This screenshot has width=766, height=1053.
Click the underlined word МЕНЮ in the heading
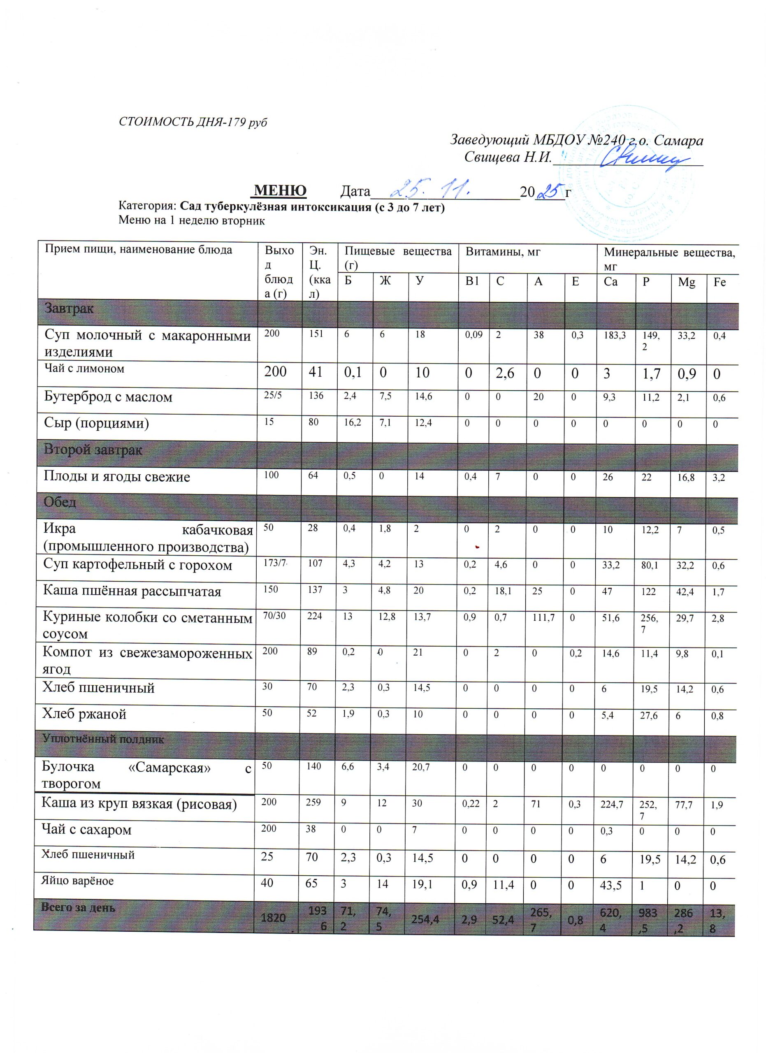point(281,190)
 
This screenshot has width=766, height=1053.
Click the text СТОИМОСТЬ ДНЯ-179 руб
point(193,122)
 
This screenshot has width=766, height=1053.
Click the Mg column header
point(686,282)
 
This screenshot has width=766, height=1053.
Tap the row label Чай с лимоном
point(84,369)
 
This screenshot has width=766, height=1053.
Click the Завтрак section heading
point(69,308)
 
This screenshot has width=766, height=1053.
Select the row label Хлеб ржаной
point(84,714)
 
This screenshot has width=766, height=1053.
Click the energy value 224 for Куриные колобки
point(315,617)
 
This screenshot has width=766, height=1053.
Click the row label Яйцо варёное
point(77,881)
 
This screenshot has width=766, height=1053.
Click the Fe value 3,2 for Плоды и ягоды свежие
point(719,477)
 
